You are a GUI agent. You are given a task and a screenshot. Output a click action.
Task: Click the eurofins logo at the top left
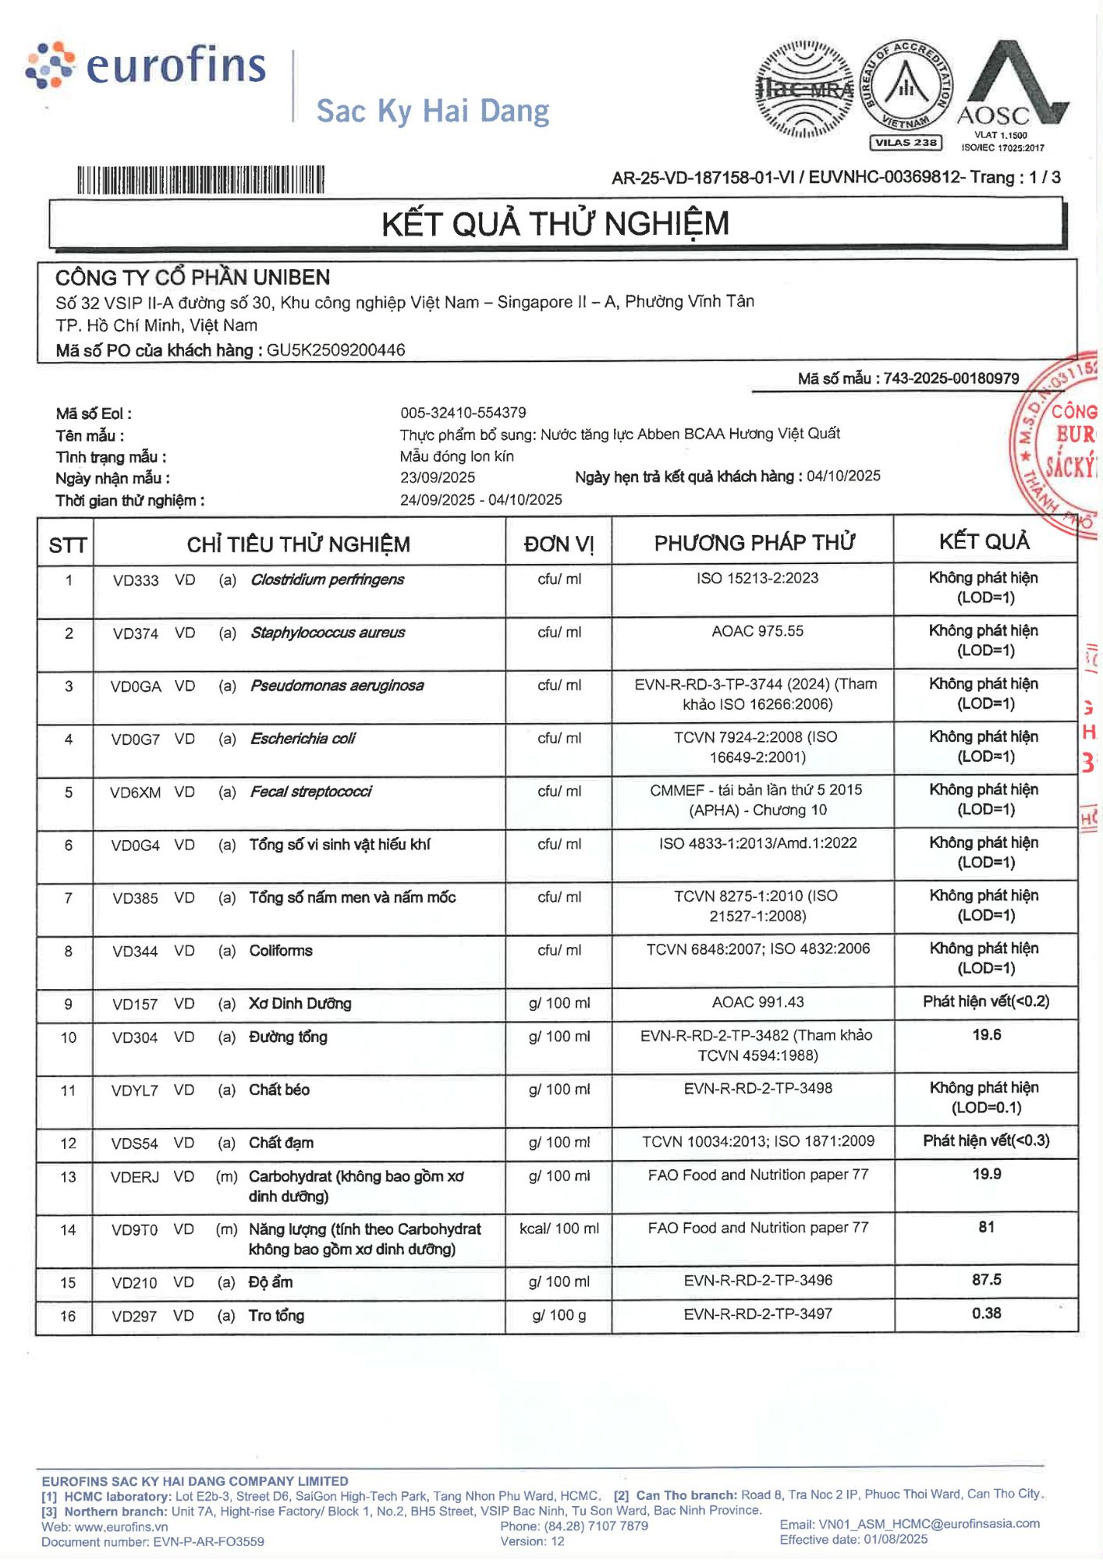point(147,66)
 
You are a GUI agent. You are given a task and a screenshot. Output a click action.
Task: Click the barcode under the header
point(200,180)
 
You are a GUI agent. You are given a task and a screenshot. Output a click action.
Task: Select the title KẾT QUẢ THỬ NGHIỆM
point(555,225)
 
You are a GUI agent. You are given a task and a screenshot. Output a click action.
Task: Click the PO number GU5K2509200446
point(335,350)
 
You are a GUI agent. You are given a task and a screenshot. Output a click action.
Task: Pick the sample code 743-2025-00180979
point(951,378)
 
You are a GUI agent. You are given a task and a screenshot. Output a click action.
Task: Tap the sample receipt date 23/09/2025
point(438,477)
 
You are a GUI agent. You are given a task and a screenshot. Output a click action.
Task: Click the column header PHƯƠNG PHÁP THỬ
point(754,543)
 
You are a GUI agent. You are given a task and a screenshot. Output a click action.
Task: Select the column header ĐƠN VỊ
point(559,544)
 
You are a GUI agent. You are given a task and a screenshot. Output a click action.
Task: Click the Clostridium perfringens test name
point(327,580)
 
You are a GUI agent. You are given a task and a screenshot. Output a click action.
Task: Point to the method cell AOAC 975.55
point(757,631)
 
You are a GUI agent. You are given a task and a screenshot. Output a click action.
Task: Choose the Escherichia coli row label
point(303,739)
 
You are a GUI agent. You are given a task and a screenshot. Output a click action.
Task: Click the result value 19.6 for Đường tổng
point(986,1035)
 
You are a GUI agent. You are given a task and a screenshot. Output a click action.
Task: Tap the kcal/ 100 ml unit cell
point(559,1228)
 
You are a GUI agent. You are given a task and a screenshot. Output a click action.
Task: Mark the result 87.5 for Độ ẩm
point(986,1280)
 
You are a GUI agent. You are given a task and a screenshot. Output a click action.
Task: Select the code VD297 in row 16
point(134,1317)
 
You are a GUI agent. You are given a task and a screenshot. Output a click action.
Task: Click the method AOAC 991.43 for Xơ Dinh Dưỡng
point(757,1002)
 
